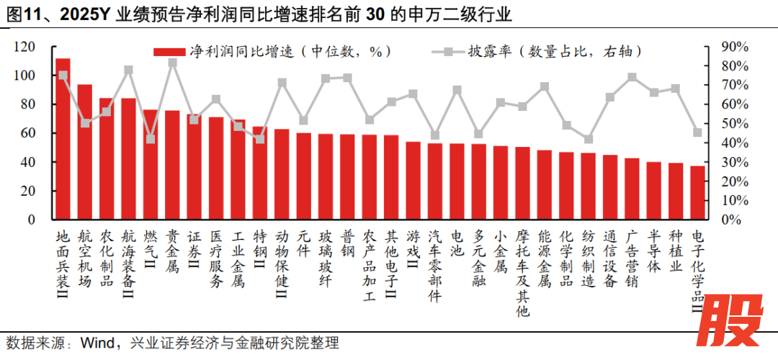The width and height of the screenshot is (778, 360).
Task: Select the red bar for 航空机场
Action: pyautogui.click(x=85, y=152)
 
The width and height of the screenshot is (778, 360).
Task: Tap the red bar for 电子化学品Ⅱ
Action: pyautogui.click(x=697, y=193)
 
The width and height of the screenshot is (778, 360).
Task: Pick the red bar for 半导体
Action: pyautogui.click(x=653, y=191)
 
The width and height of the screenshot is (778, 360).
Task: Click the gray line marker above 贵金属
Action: pyautogui.click(x=173, y=63)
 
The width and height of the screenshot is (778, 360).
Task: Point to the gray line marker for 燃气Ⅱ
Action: pyautogui.click(x=151, y=139)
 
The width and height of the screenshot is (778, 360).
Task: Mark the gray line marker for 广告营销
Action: pyautogui.click(x=632, y=77)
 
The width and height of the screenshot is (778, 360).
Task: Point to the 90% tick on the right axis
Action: pyautogui.click(x=734, y=47)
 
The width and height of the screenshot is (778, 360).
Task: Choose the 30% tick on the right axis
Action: pyautogui.click(x=734, y=162)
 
